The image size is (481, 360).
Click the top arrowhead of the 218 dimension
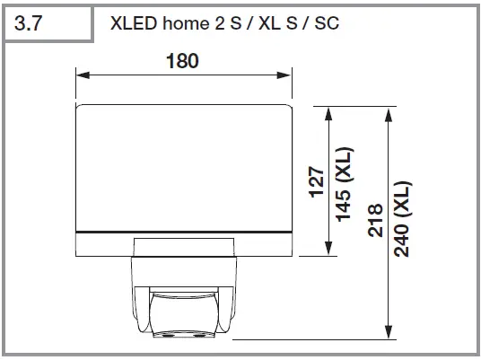point(388,110)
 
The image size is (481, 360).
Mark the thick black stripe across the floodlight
point(184,232)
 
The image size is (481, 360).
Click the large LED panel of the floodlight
point(184,166)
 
